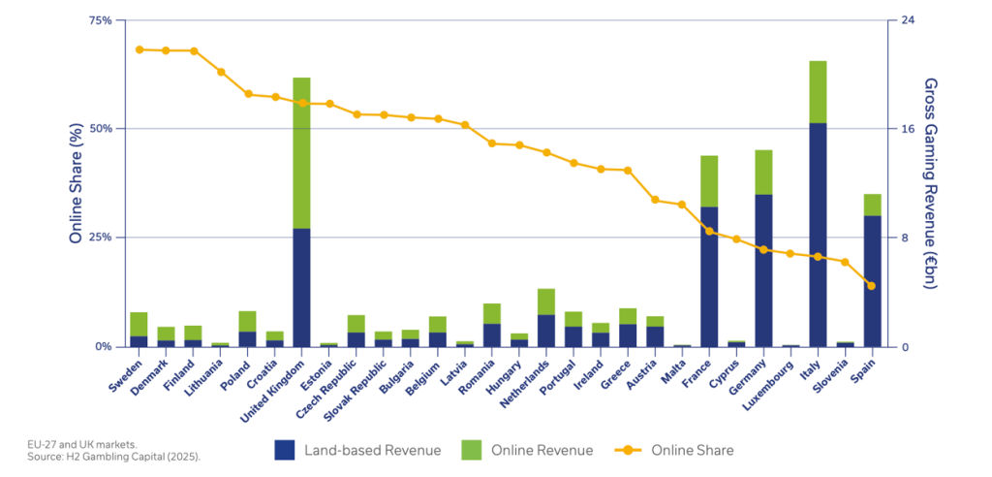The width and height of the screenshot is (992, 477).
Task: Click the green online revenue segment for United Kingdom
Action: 301,152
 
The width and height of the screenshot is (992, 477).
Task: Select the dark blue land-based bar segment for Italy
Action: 818,234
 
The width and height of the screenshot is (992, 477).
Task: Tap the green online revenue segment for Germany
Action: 763,172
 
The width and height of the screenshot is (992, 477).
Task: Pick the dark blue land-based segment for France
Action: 709,276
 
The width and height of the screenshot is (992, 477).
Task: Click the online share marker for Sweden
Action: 139,49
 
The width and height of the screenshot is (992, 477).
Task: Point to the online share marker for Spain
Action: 871,286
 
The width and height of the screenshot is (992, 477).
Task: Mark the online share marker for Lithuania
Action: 221,72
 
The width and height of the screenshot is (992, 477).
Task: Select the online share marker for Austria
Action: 655,200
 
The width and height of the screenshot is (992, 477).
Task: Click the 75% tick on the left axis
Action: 99,20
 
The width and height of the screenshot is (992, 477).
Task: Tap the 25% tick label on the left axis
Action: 99,238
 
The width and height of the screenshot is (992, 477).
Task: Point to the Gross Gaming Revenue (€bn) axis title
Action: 931,183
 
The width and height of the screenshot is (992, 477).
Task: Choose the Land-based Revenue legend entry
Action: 357,450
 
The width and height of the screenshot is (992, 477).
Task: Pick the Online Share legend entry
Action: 674,450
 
